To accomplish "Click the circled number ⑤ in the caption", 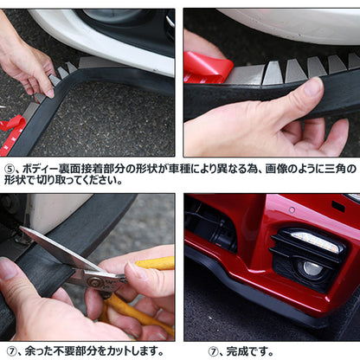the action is tap(9, 169).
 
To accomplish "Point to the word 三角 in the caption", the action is tap(336, 169).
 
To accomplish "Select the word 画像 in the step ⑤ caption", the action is tap(276, 169).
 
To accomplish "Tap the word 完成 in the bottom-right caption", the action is tap(237, 351).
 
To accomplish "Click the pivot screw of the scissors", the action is tap(93, 282).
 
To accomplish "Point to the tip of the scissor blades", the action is tap(21, 228).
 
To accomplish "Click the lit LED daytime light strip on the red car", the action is tap(315, 241).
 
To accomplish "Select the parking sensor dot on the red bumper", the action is tap(292, 210).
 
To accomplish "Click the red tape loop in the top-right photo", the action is tap(207, 68).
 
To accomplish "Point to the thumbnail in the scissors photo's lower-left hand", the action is tap(9, 268).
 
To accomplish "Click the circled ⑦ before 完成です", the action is tap(213, 351).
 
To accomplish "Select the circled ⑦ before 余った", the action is tap(11, 351).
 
